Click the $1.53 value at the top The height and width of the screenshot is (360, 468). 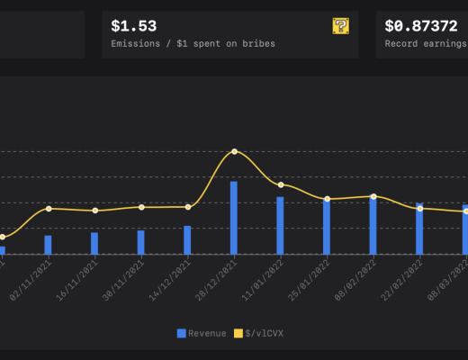click(x=133, y=26)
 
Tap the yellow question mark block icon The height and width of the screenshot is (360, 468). click(x=340, y=26)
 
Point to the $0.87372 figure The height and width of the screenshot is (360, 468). click(x=420, y=26)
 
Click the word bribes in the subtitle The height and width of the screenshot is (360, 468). click(x=256, y=43)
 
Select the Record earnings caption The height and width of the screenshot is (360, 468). click(x=426, y=43)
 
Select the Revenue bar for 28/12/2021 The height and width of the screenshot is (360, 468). click(x=234, y=218)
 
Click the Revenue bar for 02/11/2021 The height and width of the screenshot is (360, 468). click(x=48, y=245)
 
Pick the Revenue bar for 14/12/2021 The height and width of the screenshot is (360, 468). click(x=187, y=240)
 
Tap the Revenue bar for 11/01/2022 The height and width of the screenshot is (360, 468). click(x=280, y=226)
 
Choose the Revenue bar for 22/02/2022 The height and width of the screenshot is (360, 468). click(x=419, y=229)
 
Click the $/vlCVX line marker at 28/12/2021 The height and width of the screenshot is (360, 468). click(x=234, y=151)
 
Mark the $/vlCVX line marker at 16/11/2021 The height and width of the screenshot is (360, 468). click(x=94, y=211)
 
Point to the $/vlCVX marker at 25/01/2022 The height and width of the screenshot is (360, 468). click(x=327, y=199)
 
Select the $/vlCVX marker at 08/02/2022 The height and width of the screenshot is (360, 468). click(x=373, y=196)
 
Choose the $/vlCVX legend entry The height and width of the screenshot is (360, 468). click(x=258, y=334)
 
